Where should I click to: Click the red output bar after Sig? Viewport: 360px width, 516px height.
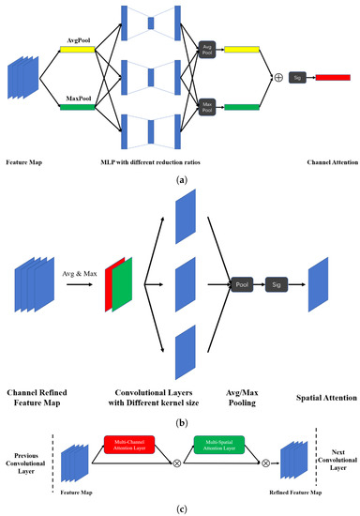click(332, 78)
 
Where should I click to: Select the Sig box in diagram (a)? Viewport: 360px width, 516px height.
click(298, 78)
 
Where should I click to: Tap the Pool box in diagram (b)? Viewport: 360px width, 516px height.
click(243, 281)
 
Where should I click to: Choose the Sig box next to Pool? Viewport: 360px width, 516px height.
click(277, 281)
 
